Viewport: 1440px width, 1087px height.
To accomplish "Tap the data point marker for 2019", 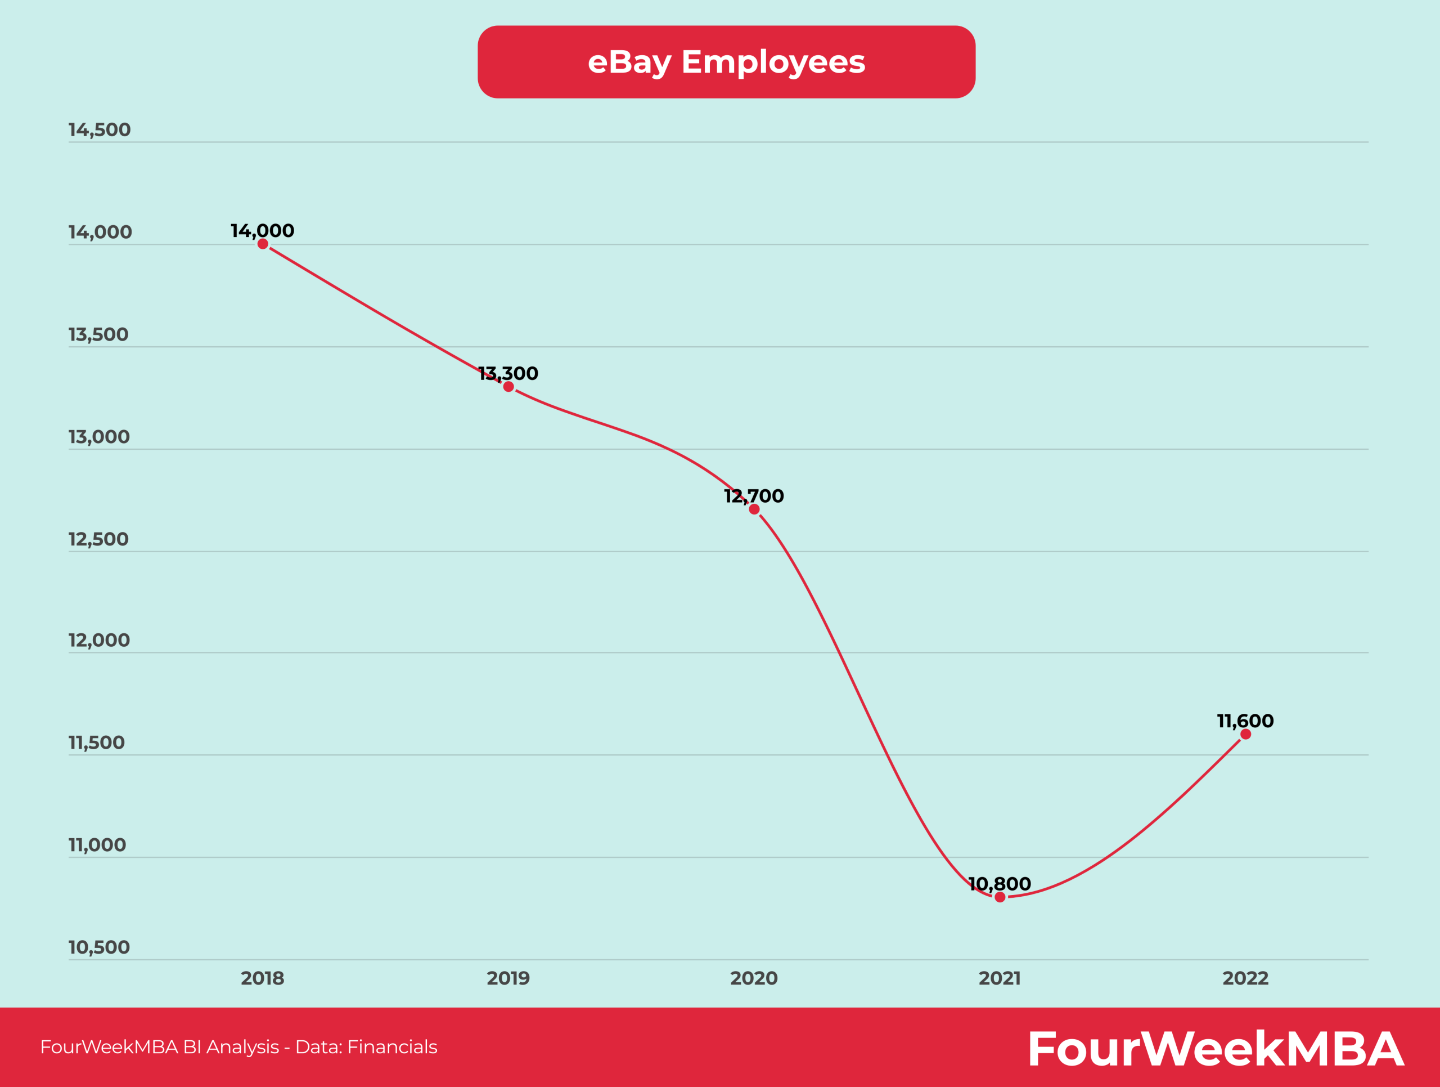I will (x=508, y=387).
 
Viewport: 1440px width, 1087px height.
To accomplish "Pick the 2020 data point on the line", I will (x=754, y=509).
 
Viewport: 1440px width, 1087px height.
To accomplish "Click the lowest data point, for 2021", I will (x=1000, y=897).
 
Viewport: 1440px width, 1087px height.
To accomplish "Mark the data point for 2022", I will (x=1245, y=734).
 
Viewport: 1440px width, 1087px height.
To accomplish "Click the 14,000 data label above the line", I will (x=262, y=231).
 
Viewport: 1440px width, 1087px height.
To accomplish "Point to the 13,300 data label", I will (x=508, y=373).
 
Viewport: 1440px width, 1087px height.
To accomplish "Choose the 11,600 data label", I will (x=1245, y=721).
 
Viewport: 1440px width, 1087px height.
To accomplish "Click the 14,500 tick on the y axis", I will (x=100, y=129).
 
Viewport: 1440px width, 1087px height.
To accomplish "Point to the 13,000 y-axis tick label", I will (x=99, y=437).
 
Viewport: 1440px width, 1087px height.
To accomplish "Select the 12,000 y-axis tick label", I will (x=99, y=640).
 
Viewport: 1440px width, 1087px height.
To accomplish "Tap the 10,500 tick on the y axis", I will (x=99, y=947).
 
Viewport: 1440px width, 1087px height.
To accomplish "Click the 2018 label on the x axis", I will (x=262, y=978).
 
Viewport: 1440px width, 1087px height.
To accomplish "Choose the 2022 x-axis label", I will (x=1245, y=978).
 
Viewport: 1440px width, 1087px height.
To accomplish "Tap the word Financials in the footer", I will (x=392, y=1046).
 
